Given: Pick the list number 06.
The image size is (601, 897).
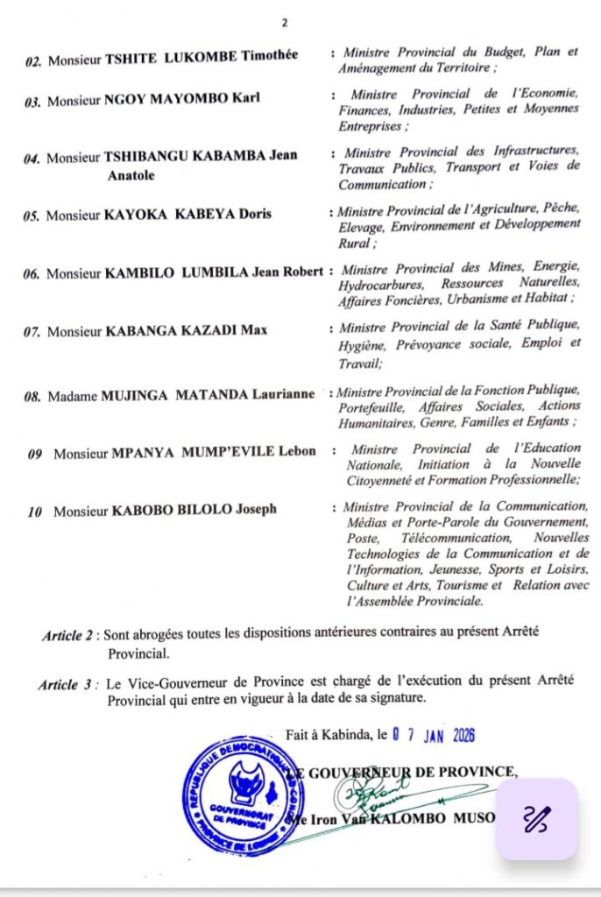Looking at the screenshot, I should click(x=32, y=273).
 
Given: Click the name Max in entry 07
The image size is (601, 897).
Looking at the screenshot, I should click(x=256, y=331).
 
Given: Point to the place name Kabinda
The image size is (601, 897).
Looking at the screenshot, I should click(x=344, y=735).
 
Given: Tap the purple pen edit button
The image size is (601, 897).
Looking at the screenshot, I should click(x=536, y=819).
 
